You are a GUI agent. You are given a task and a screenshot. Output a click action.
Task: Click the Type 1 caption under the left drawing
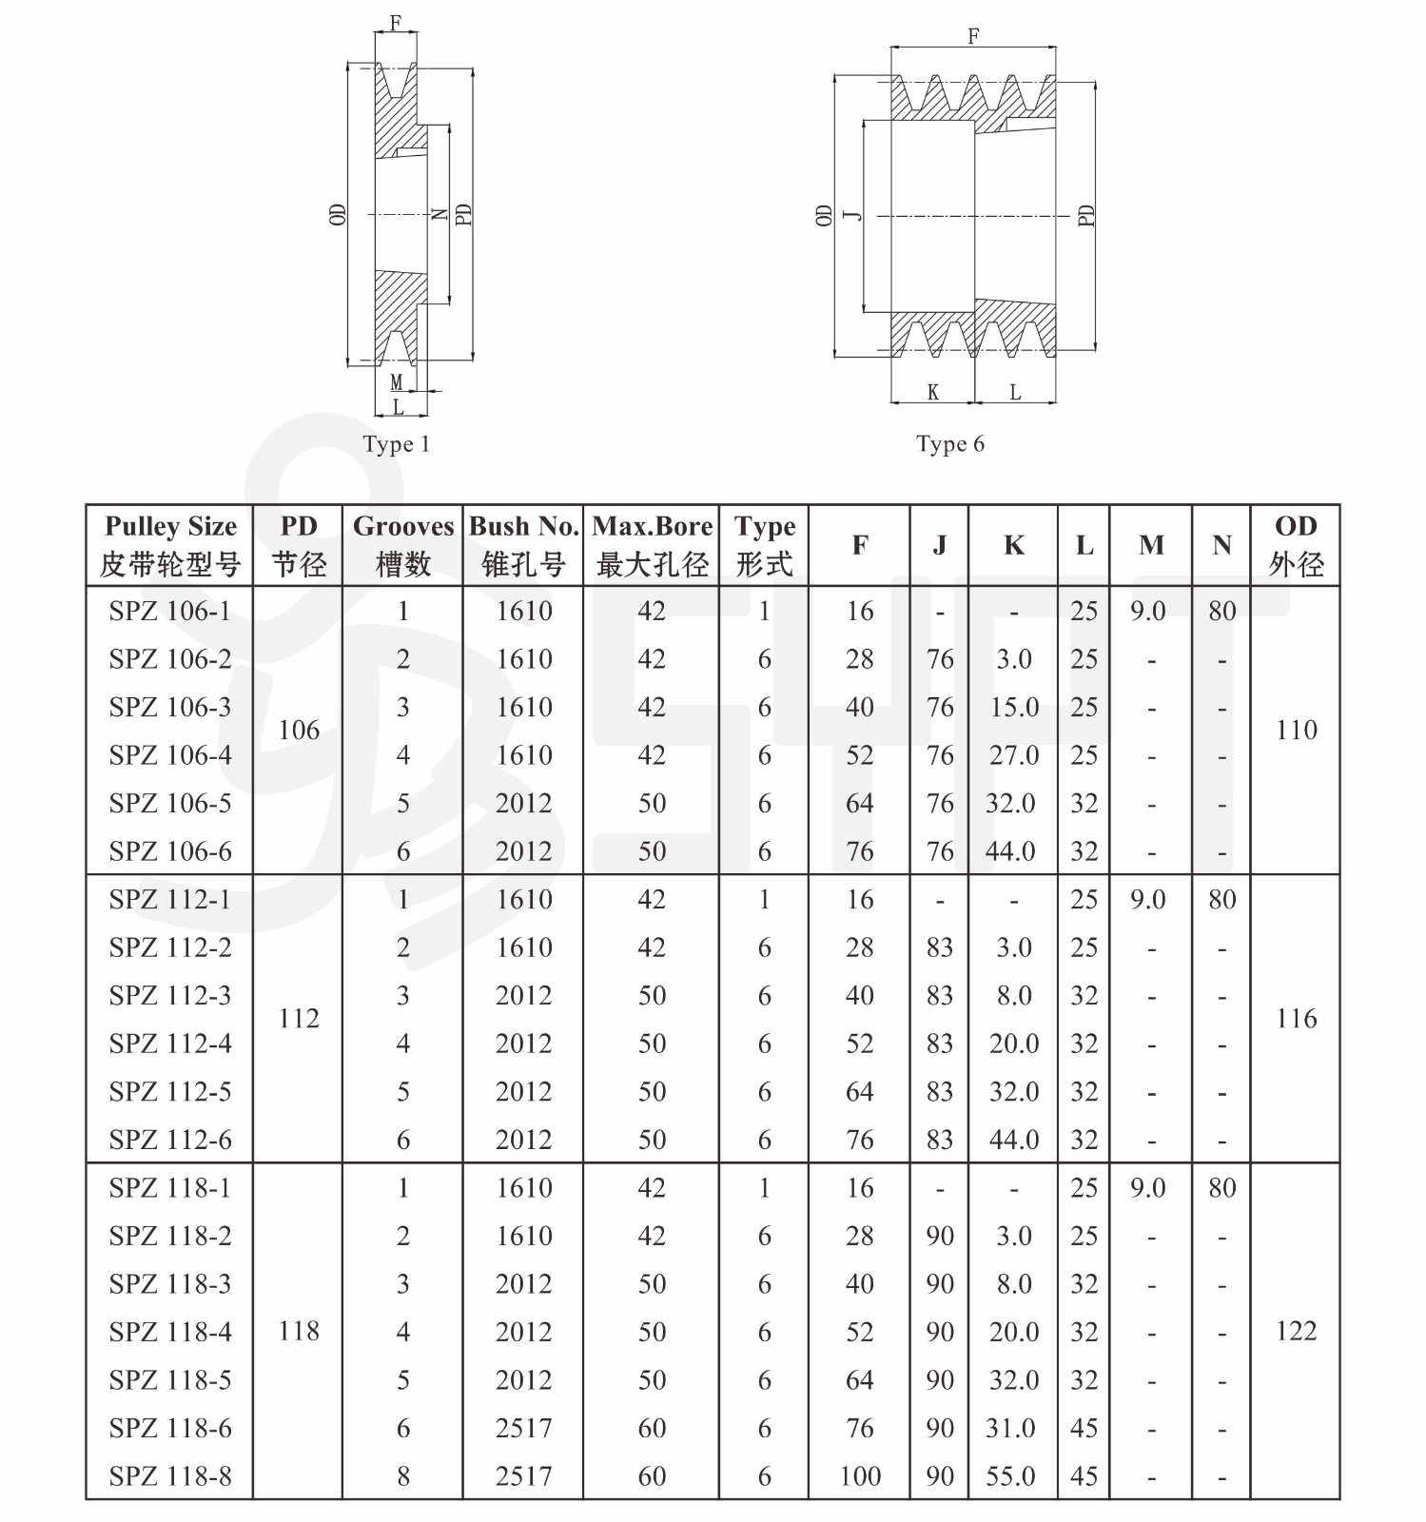(x=396, y=444)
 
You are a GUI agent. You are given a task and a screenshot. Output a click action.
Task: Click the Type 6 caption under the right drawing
(x=949, y=444)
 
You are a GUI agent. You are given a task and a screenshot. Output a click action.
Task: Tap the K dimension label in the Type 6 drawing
(x=932, y=392)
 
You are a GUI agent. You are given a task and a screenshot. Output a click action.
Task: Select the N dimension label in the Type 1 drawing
(x=439, y=214)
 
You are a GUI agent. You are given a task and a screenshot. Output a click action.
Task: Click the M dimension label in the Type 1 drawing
(x=397, y=382)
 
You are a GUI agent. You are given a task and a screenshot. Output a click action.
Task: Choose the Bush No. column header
(x=523, y=545)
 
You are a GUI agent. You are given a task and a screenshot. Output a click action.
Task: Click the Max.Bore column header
(x=652, y=545)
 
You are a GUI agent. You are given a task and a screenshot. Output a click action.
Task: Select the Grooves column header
(x=403, y=545)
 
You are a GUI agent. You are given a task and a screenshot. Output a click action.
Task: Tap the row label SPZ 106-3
(x=170, y=707)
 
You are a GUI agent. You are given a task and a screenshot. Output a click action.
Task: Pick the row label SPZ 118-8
(x=170, y=1475)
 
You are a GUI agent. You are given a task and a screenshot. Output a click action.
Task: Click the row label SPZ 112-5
(x=170, y=1091)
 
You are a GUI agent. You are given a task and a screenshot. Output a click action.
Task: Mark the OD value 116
(x=1296, y=1019)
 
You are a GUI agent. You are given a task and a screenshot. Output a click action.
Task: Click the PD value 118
(x=299, y=1331)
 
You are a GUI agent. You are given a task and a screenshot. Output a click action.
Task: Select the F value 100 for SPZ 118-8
(x=860, y=1475)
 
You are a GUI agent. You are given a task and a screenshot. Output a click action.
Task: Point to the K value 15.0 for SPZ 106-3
(x=1013, y=707)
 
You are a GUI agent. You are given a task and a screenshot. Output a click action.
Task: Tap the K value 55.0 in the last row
(x=1010, y=1475)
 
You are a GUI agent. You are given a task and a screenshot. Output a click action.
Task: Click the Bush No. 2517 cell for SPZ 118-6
(x=523, y=1428)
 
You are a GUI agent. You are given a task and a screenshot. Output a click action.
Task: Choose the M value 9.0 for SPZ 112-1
(x=1148, y=900)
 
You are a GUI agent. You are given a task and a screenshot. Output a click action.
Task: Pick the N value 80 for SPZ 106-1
(x=1221, y=611)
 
